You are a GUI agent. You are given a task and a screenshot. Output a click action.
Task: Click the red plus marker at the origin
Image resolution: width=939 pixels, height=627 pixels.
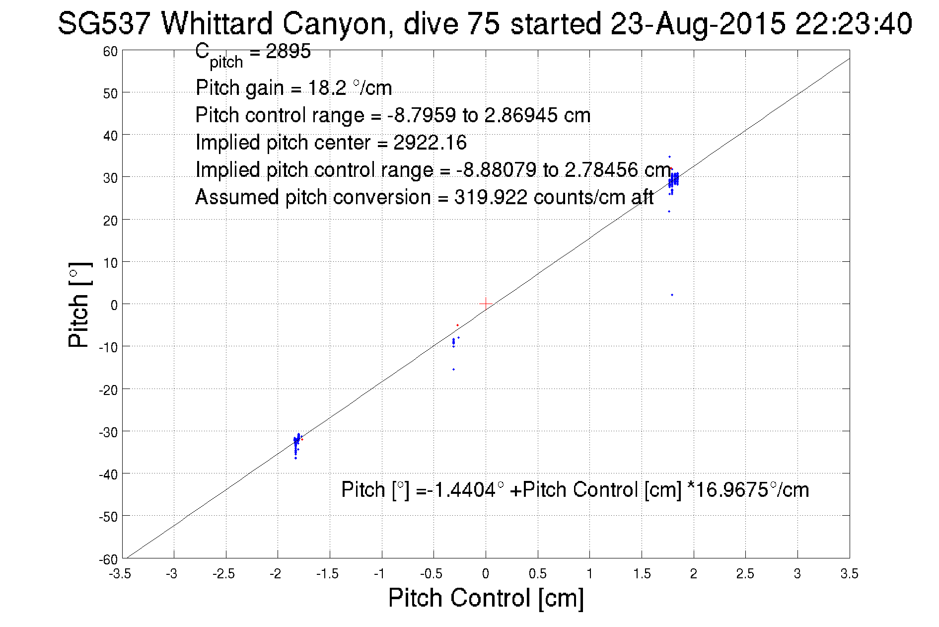pos(485,304)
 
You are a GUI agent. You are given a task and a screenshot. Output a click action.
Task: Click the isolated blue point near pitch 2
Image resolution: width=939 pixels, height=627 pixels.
pos(672,295)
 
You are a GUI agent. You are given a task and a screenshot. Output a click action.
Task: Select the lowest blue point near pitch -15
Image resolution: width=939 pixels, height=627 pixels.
pos(453,369)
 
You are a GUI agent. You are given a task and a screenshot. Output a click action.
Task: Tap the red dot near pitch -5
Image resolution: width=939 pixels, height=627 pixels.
pos(457,325)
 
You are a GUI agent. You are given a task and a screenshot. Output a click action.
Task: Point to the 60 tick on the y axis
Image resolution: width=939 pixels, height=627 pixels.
pos(110,51)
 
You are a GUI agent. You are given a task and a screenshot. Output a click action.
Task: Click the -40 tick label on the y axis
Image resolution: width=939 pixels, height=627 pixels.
pos(108,474)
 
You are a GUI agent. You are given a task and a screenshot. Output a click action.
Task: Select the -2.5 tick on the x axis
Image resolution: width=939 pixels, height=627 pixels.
pos(223,574)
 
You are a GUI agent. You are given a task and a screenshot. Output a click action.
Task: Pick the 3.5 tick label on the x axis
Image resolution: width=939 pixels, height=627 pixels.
pos(849,574)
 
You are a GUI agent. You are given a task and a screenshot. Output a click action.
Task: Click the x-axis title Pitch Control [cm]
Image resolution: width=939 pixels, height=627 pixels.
pos(486,598)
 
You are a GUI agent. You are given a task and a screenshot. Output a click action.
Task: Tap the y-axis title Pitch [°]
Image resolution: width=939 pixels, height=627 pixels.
pos(79,305)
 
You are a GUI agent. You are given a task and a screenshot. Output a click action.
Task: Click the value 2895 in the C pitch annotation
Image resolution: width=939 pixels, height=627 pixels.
pos(288,51)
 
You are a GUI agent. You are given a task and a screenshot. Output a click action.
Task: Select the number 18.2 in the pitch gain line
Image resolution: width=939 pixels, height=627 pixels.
pos(327,88)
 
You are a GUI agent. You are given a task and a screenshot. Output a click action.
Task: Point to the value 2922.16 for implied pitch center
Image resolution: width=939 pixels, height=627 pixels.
pos(430,143)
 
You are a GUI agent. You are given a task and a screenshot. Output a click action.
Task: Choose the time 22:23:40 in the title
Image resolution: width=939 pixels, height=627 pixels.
pos(853,23)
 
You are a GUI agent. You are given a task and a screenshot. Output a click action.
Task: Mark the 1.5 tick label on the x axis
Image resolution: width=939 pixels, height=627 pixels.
pos(642,574)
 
